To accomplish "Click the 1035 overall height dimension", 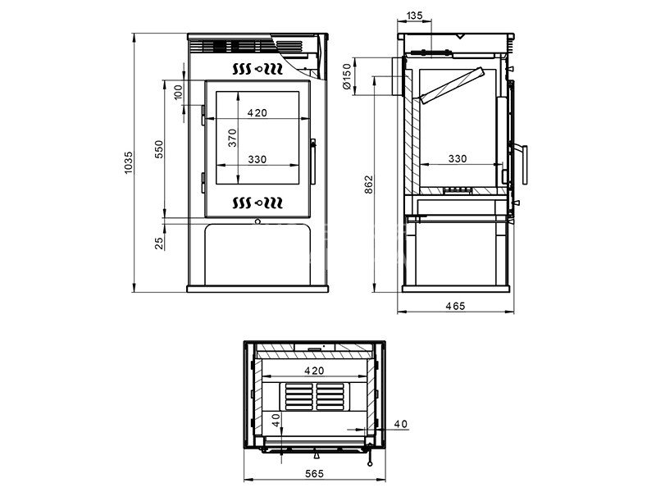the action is click(129, 162).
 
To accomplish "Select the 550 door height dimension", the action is click(159, 149).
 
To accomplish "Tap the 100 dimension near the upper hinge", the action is click(178, 92).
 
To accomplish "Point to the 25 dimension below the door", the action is click(159, 244).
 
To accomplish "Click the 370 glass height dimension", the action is click(232, 138).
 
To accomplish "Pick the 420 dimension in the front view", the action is click(257, 113).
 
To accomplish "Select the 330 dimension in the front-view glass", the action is click(257, 159).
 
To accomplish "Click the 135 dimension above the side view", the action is click(414, 16).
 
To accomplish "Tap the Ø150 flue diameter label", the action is click(347, 76).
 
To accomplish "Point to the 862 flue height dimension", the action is click(368, 184).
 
